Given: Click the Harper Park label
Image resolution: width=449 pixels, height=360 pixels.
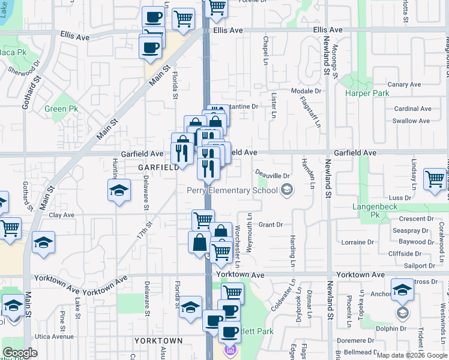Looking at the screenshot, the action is point(367,93).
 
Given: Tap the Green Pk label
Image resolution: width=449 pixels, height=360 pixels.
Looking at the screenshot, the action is point(62,109).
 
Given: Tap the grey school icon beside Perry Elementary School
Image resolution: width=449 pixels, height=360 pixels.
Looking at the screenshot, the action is point(288,191).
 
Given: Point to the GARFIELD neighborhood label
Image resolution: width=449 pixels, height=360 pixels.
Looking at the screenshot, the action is point(158,167).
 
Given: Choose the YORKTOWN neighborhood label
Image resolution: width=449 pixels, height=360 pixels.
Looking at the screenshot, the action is point(158,340).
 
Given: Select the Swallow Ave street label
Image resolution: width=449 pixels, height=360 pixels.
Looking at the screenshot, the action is point(411,121).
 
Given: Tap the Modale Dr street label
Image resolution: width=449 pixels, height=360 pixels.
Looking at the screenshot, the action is point(306,91).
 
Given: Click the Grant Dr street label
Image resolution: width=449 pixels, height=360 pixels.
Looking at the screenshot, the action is point(270,225).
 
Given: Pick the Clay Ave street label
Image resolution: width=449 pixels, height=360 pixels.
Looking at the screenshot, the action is point(61,215).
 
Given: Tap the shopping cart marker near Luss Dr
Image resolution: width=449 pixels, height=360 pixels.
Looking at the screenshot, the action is point(435,179).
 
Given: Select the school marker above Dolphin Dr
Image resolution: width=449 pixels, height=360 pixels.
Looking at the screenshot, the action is point(402,290).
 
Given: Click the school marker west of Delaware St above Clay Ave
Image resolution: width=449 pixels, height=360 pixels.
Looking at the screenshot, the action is point(119,191).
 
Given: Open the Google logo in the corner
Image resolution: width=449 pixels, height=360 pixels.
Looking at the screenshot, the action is point(20,353).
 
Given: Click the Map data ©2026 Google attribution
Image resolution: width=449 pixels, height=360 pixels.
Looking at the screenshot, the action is point(412,355).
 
